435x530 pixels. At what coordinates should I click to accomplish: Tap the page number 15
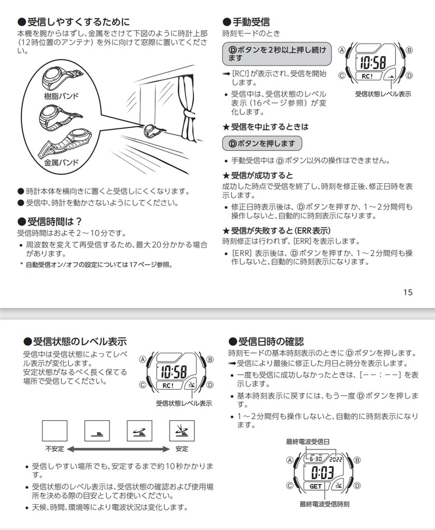pyautogui.click(x=408, y=292)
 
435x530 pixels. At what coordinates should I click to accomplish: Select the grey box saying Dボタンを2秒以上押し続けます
pyautogui.click(x=277, y=54)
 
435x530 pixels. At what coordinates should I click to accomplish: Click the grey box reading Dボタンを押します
pyautogui.click(x=262, y=143)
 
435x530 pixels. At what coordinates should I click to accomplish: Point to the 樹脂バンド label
pyautogui.click(x=61, y=97)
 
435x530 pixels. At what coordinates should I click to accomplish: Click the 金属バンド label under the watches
pyautogui.click(x=61, y=163)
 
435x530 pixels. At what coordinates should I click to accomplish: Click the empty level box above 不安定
pyautogui.click(x=54, y=430)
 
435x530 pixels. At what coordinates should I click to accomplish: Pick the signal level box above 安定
pyautogui.click(x=182, y=430)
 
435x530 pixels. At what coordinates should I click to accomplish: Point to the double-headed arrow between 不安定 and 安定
pyautogui.click(x=118, y=449)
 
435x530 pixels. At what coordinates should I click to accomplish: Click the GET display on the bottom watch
pyautogui.click(x=316, y=487)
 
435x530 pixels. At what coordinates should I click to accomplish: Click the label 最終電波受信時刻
pyautogui.click(x=325, y=504)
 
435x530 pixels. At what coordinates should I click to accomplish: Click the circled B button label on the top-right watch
pyautogui.click(x=409, y=50)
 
